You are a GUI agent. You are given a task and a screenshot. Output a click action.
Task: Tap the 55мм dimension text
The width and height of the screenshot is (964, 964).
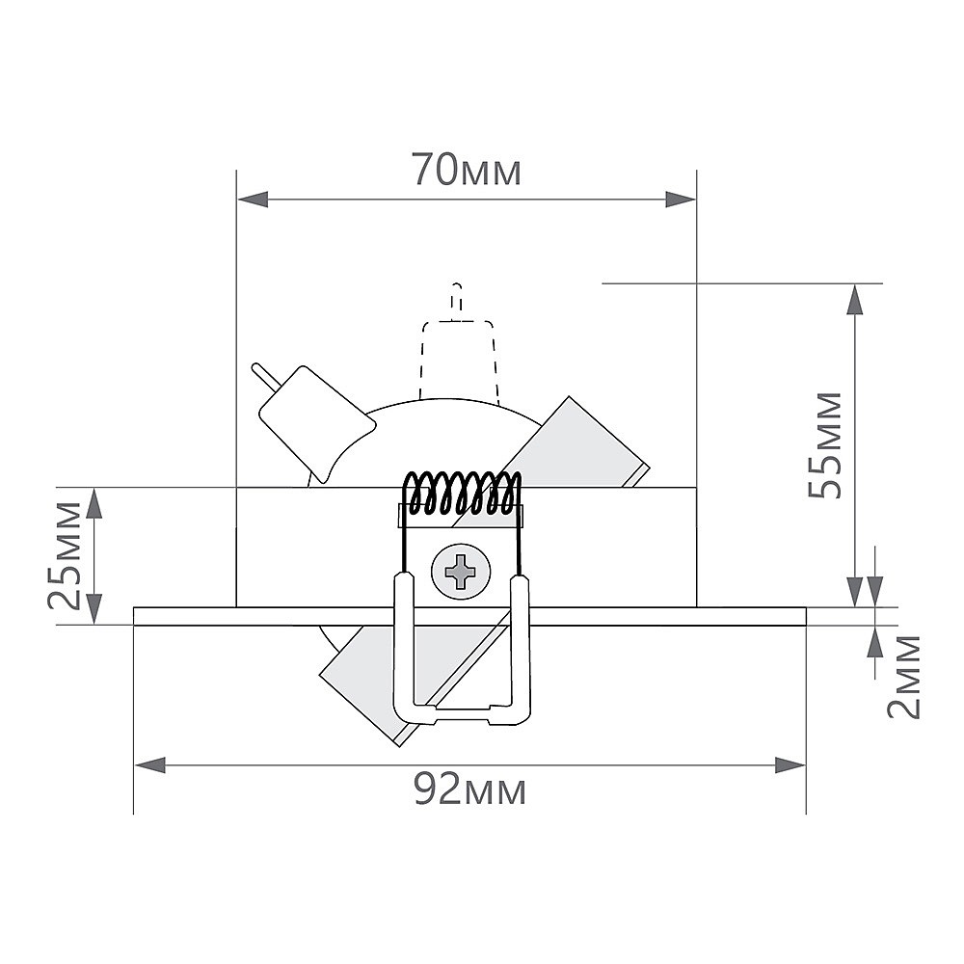coord(825,444)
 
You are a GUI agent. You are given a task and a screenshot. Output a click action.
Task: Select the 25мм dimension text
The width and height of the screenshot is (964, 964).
coord(65,555)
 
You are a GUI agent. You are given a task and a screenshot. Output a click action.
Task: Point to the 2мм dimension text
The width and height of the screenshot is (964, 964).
coord(904,677)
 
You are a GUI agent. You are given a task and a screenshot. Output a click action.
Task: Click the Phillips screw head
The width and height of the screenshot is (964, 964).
coord(461,571)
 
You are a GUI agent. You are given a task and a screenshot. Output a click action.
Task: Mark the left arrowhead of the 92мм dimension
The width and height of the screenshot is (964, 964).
coord(150,765)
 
